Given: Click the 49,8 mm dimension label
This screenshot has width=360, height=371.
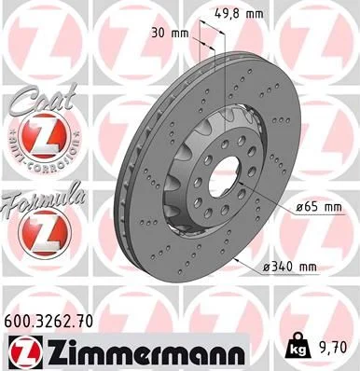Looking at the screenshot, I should pos(240,14).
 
